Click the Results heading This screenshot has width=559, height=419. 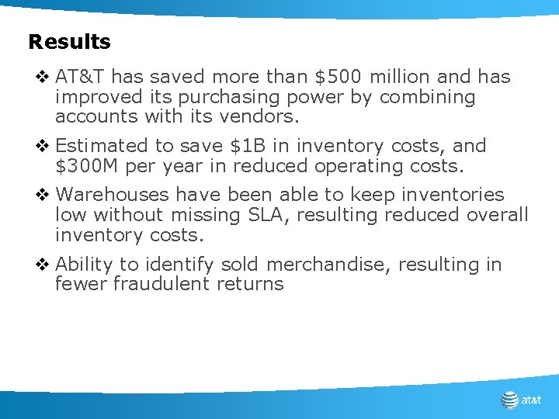point(69,42)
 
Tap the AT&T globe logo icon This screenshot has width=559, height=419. point(509,400)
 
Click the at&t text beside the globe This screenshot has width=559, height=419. point(532,400)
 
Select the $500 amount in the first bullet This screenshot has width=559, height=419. point(339,77)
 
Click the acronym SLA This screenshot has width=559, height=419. point(274,215)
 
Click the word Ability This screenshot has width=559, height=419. point(85,265)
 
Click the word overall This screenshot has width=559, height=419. point(497,215)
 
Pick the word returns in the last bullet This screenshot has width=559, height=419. point(253,284)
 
